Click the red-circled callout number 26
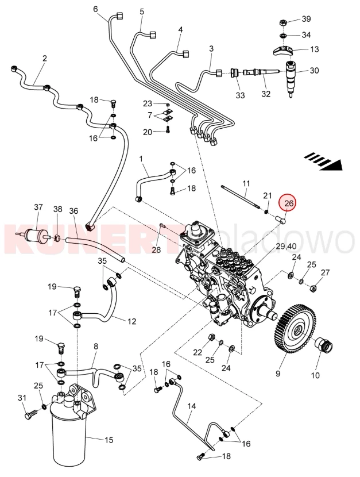click(x=288, y=203)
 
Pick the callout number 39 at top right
click(x=306, y=19)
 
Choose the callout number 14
click(x=192, y=406)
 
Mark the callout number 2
click(x=44, y=58)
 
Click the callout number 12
click(x=131, y=321)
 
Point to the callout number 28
click(x=156, y=249)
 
